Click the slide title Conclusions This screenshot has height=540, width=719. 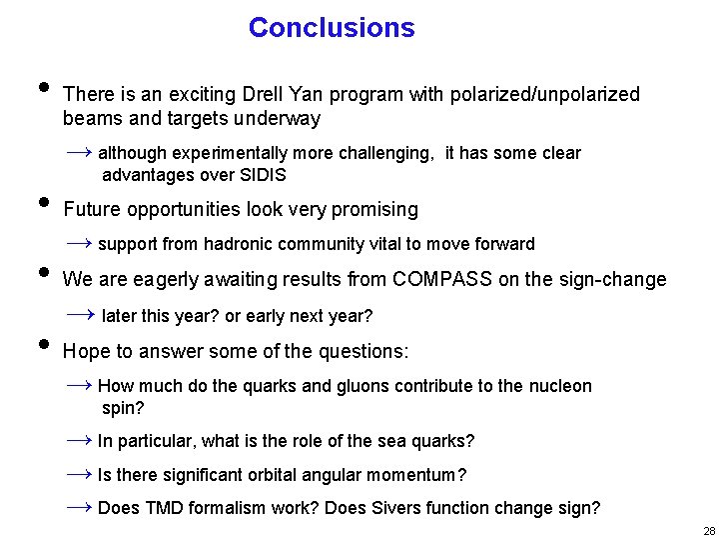332,28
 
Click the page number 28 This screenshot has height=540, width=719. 708,531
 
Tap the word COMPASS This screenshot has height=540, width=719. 442,280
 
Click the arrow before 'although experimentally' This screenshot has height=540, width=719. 80,152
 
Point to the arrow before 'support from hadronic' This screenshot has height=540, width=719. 80,243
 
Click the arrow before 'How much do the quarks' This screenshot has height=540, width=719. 80,385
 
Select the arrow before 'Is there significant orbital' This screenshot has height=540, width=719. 80,473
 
